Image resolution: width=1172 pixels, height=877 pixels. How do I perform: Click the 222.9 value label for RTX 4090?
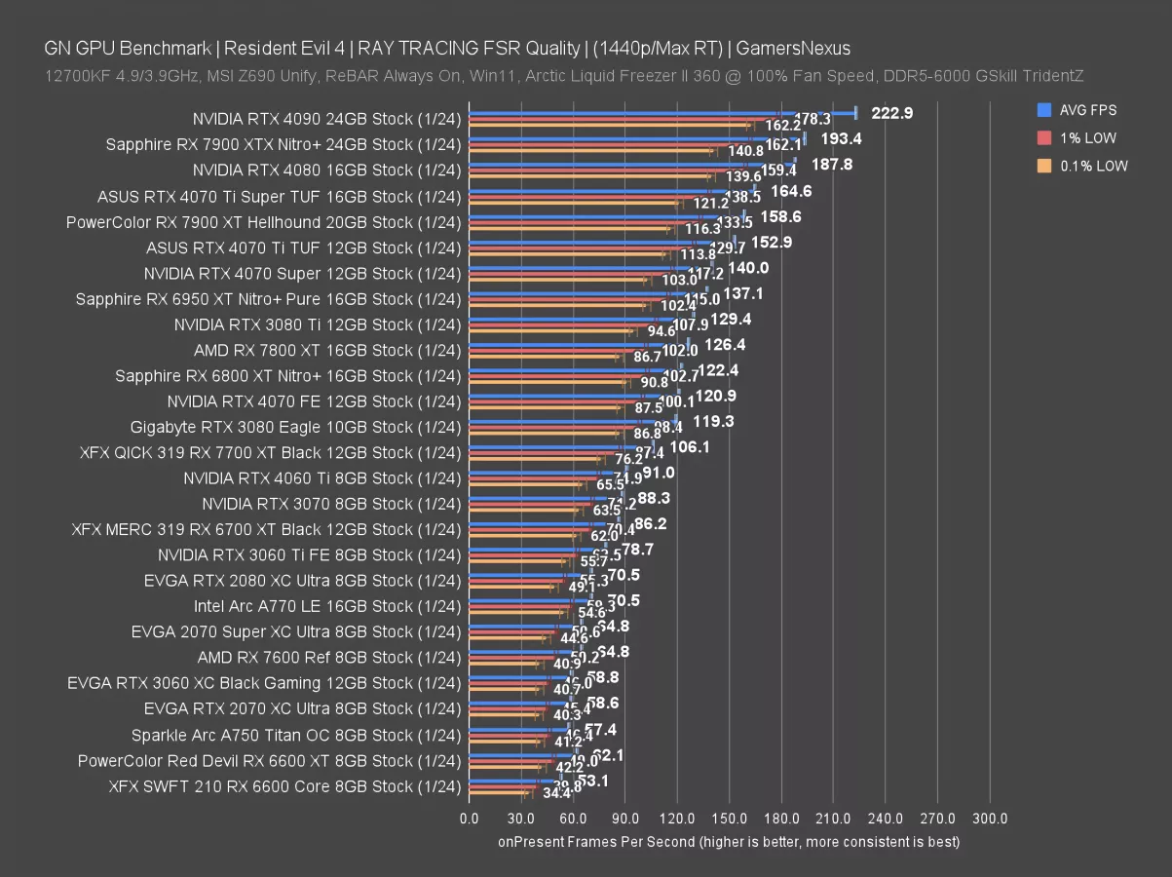click(891, 113)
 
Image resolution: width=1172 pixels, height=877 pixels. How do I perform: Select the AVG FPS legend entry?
click(1087, 111)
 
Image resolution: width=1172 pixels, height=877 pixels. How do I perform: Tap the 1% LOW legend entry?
click(1087, 138)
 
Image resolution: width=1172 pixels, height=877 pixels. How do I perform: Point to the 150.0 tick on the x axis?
click(730, 819)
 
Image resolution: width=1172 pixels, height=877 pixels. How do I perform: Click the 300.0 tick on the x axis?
click(990, 819)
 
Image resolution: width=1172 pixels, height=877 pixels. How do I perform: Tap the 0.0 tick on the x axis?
click(469, 819)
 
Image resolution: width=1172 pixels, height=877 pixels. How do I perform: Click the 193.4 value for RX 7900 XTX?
click(841, 138)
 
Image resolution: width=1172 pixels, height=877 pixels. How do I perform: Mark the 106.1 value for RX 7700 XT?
click(690, 446)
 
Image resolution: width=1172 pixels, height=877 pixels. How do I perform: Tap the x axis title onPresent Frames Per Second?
click(729, 841)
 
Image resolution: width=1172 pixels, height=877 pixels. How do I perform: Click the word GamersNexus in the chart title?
click(804, 48)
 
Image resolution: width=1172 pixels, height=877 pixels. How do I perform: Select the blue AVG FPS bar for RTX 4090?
click(662, 113)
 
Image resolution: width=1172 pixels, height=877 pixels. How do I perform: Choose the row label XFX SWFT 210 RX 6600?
click(284, 785)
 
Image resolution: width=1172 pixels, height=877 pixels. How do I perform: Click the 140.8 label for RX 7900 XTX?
click(745, 151)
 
